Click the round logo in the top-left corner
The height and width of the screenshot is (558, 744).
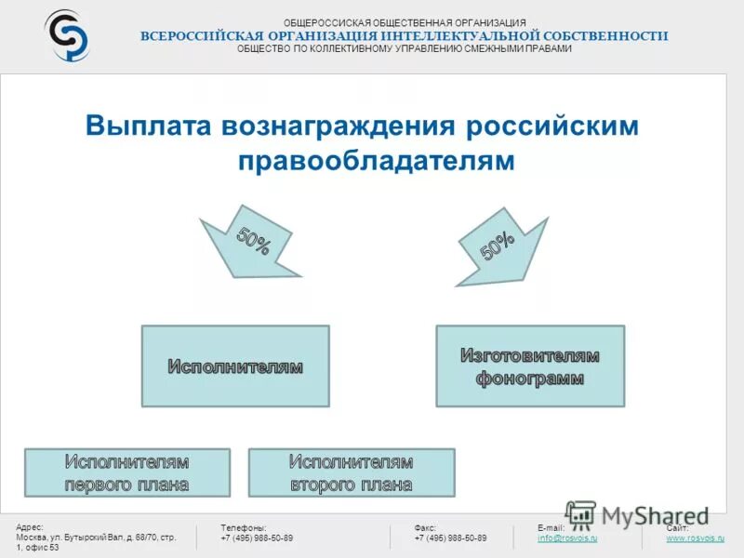click(x=67, y=35)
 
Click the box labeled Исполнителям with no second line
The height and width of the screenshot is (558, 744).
click(x=235, y=365)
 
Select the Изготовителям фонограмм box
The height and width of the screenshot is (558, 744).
click(x=530, y=365)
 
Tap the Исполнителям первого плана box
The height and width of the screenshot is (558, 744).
click(x=126, y=472)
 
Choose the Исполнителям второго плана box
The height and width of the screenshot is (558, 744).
click(x=352, y=472)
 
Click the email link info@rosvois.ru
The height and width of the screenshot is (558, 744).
click(x=567, y=538)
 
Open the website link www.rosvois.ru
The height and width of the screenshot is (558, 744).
click(x=695, y=538)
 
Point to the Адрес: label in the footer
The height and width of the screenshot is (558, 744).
click(x=30, y=527)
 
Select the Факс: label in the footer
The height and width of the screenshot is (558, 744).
click(x=425, y=527)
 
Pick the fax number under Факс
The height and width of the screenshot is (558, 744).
click(x=450, y=538)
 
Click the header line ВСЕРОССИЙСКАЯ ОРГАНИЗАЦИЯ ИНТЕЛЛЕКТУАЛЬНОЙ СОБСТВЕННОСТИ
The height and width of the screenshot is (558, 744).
click(x=405, y=35)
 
